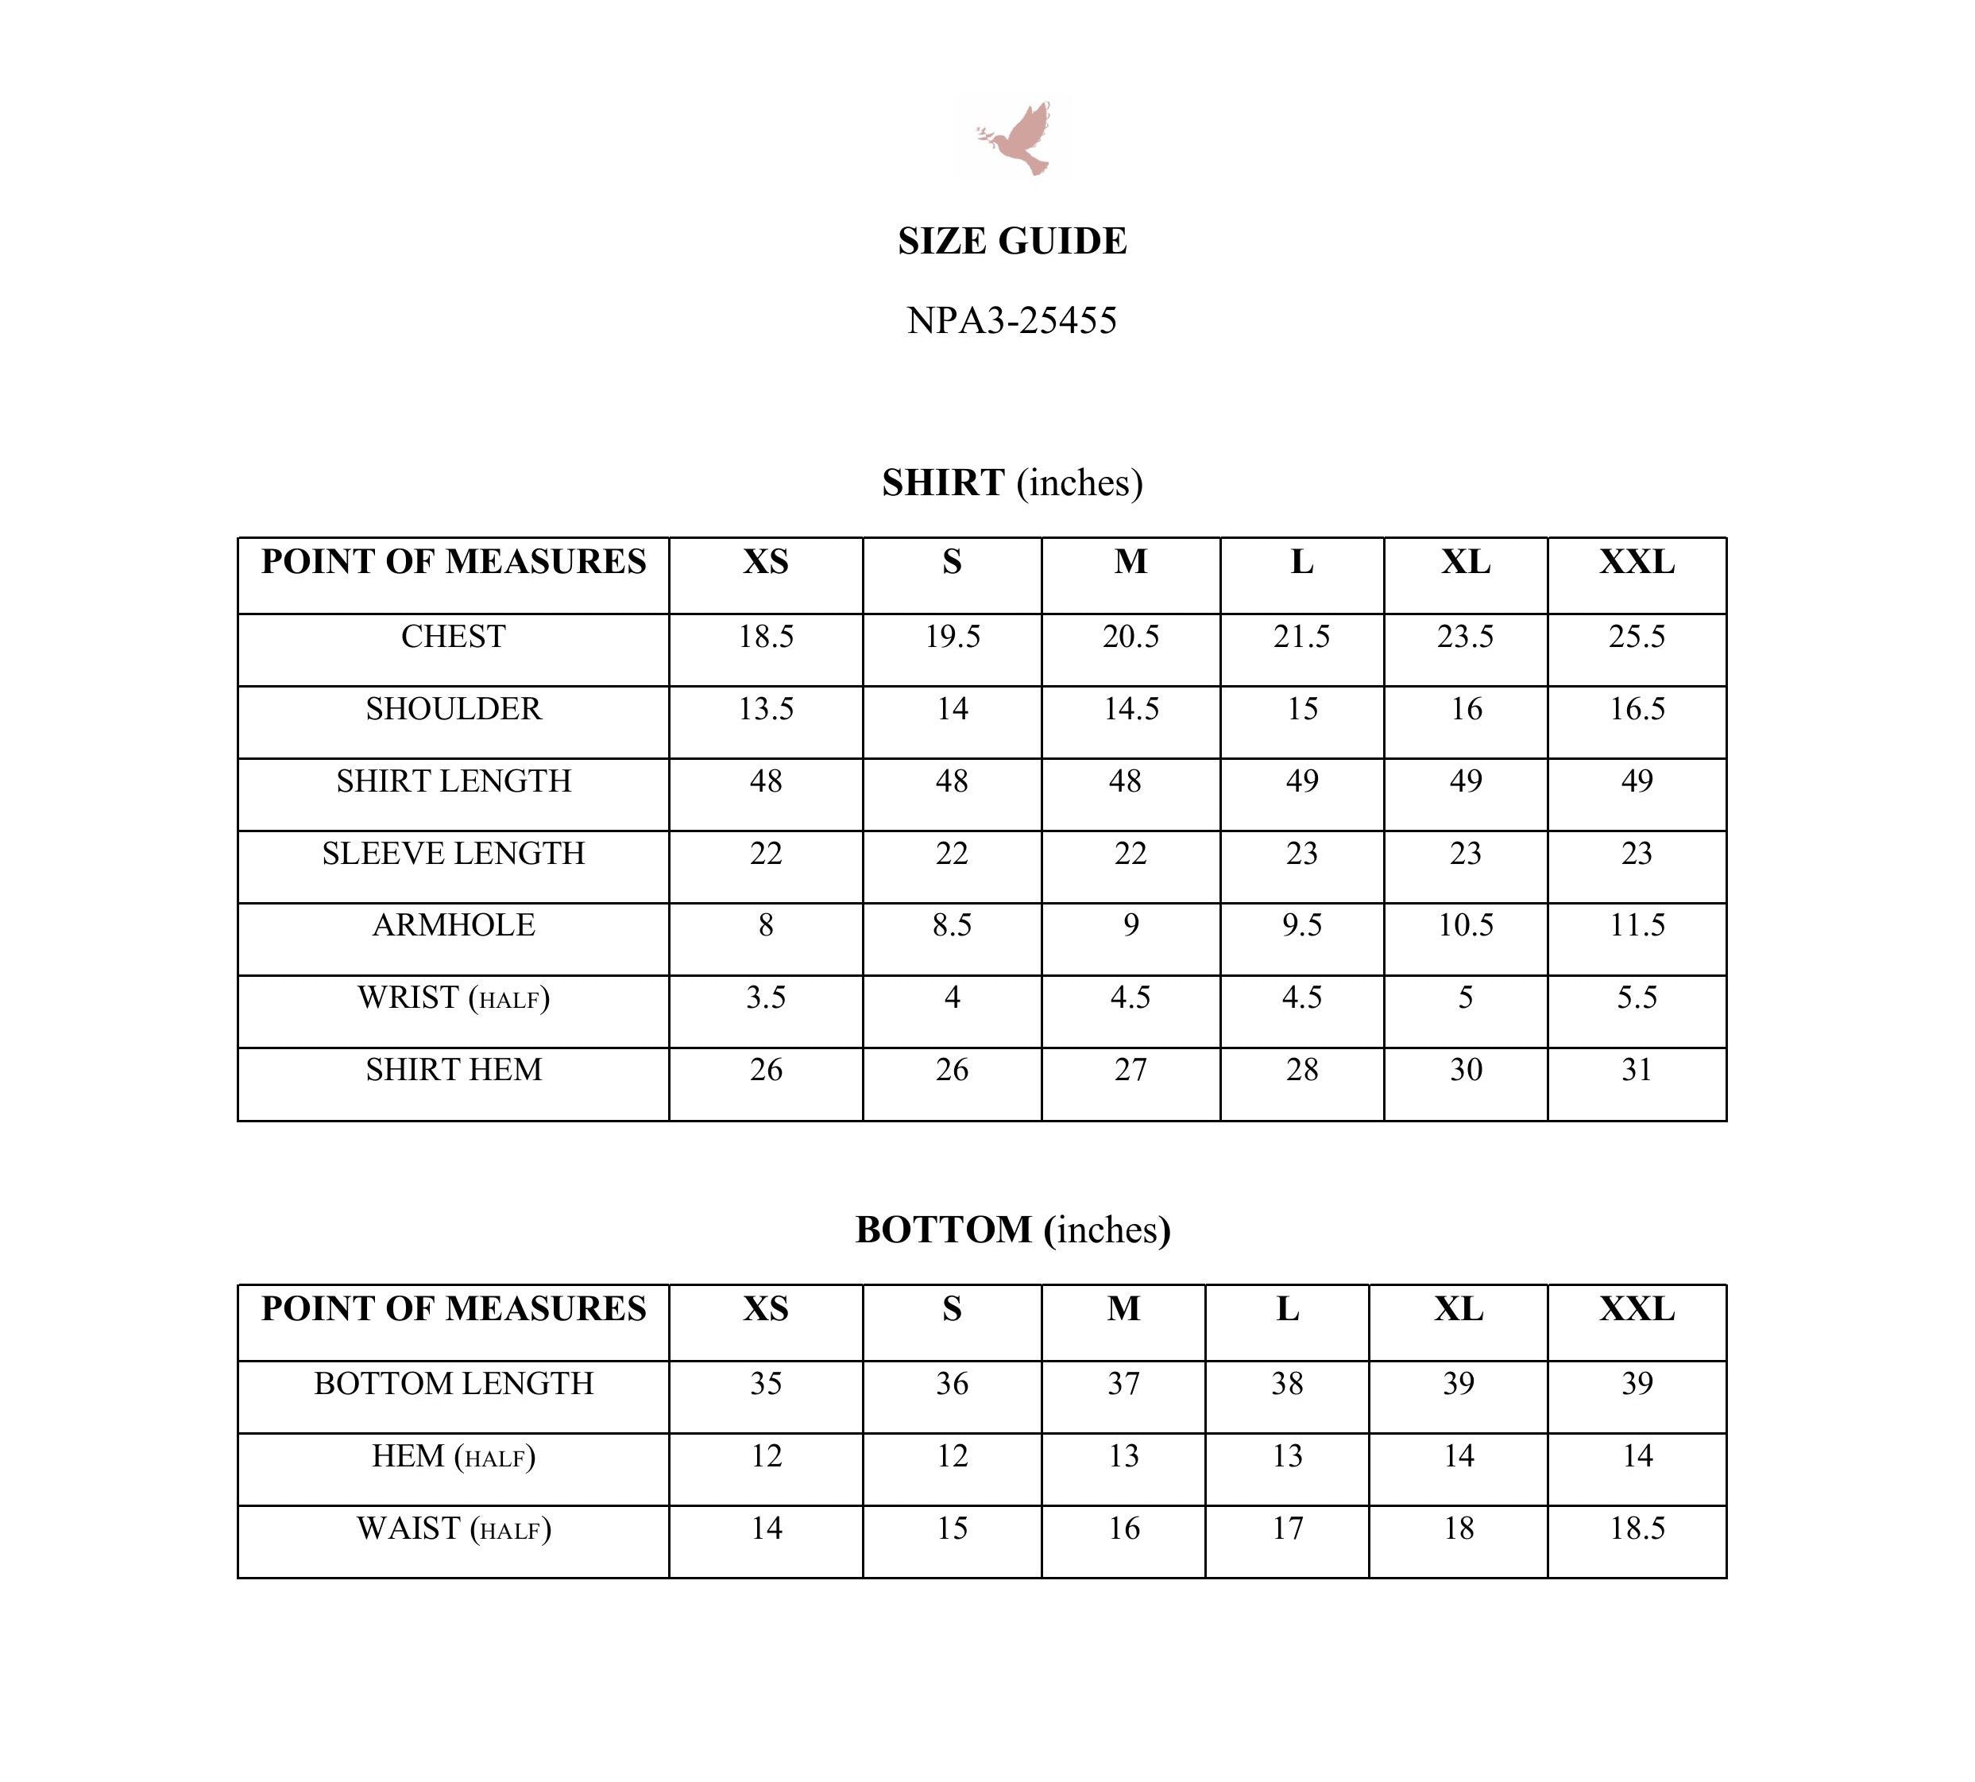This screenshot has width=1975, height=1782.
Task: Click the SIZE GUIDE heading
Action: coord(1012,241)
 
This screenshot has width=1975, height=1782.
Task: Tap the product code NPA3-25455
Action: coord(1011,320)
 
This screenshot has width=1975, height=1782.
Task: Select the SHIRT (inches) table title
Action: coord(1012,482)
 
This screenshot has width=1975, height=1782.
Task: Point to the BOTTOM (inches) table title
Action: coord(1012,1230)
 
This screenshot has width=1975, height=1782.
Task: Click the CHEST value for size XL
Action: coord(1464,637)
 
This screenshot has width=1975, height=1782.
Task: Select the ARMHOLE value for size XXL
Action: coord(1637,925)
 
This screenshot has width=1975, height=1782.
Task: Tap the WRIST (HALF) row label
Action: coord(453,998)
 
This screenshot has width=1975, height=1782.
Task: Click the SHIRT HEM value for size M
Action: coord(1130,1070)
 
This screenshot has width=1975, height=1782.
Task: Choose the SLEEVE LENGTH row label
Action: coord(453,854)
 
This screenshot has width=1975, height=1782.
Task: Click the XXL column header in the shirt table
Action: coord(1637,562)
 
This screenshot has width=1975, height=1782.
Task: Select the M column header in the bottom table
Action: coord(1123,1309)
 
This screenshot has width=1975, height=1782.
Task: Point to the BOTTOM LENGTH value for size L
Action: coord(1286,1385)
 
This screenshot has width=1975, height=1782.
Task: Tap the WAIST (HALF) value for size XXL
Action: coord(1637,1528)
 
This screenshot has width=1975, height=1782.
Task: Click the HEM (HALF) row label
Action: coord(453,1457)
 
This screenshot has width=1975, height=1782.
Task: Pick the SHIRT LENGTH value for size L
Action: coord(1301,781)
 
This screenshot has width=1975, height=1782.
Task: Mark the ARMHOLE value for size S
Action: coord(951,925)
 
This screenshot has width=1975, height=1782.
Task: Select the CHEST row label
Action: coord(453,637)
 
